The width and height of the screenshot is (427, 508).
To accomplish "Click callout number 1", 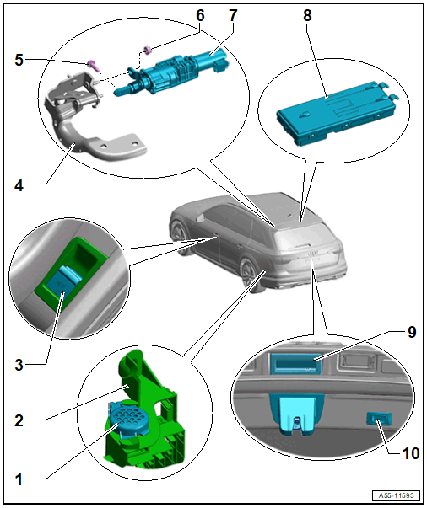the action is point(19,479).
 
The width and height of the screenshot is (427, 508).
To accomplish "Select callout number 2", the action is point(19,420).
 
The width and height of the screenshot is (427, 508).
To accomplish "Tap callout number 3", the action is point(19,365).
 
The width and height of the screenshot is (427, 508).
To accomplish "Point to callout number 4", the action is point(19,185).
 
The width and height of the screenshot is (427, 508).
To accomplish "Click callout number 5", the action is point(19,61).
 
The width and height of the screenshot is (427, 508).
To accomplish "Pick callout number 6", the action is point(200,15).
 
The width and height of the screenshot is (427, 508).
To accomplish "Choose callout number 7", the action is point(233,15).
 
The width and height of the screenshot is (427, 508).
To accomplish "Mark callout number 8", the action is point(307,15).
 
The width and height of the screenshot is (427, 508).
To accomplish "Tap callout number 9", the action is point(412,332).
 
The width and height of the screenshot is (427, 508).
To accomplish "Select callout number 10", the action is point(411,453).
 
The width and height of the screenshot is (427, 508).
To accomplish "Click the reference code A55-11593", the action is point(396,495).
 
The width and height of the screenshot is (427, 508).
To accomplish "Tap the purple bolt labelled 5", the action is point(93,66).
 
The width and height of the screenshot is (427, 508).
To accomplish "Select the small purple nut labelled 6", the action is point(148,51).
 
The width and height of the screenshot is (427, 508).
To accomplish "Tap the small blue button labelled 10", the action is point(379,419).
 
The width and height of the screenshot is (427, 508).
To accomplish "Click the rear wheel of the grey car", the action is point(249,272).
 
